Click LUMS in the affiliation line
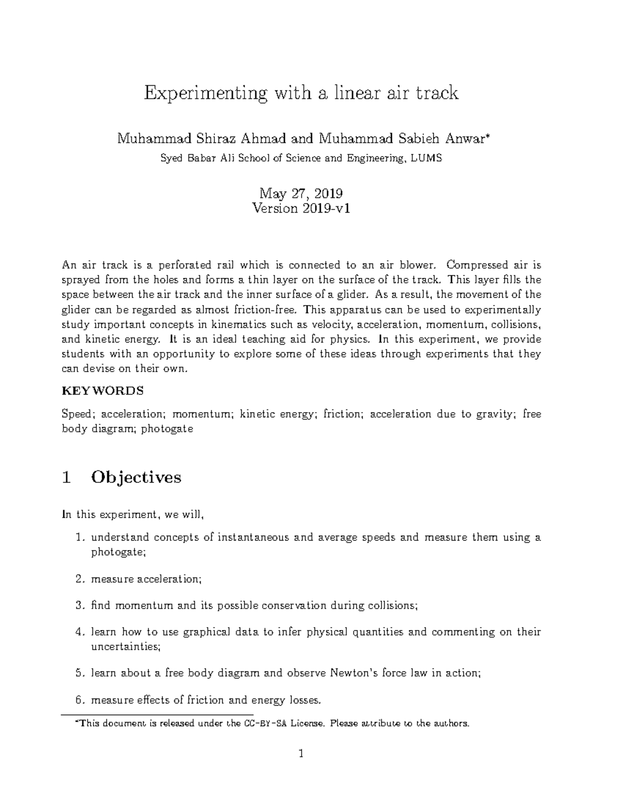pyautogui.click(x=426, y=158)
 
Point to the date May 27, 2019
pyautogui.click(x=301, y=194)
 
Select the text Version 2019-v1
pyautogui.click(x=301, y=209)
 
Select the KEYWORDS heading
pyautogui.click(x=102, y=390)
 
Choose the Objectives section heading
pyautogui.click(x=136, y=477)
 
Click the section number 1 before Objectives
pyautogui.click(x=66, y=477)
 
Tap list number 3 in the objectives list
pyautogui.click(x=79, y=605)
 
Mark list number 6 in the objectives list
pyautogui.click(x=79, y=700)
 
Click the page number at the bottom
pyautogui.click(x=301, y=753)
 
